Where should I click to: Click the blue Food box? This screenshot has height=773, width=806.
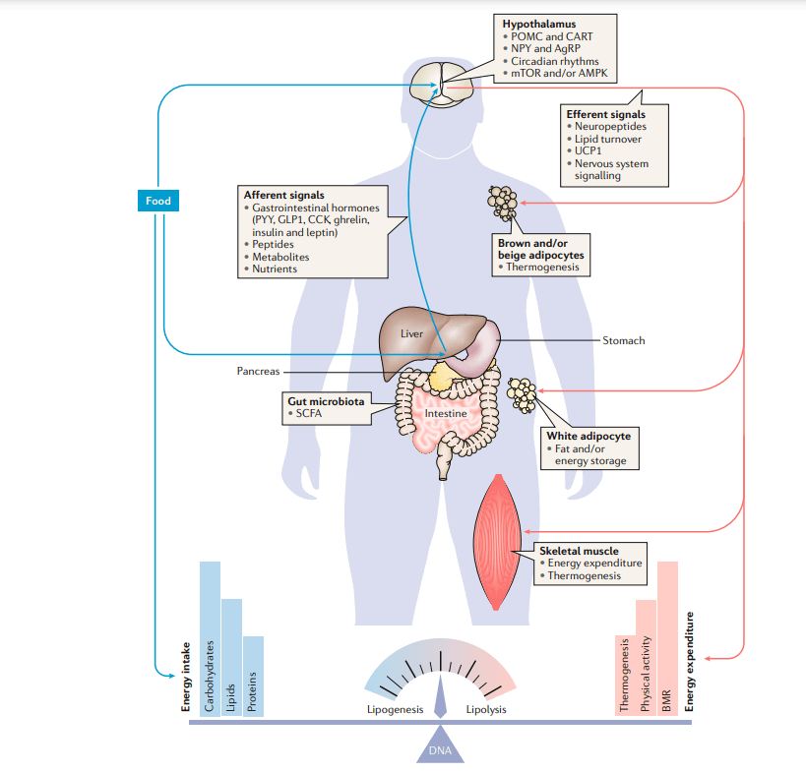click(158, 201)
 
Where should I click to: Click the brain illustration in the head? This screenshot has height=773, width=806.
click(440, 82)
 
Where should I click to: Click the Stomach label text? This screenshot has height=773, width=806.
click(623, 340)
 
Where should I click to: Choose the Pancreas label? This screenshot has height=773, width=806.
click(258, 372)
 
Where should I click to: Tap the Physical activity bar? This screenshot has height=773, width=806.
click(646, 657)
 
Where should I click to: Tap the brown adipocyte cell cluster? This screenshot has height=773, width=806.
click(503, 203)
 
